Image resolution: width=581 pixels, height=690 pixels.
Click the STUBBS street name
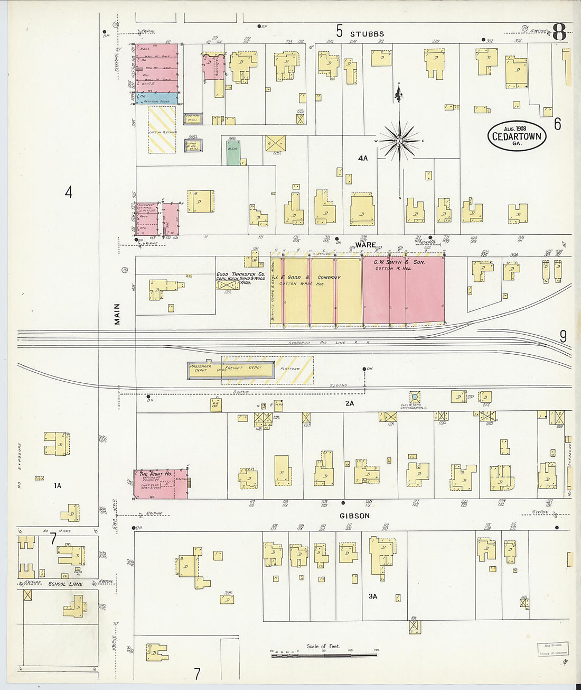pos(367,34)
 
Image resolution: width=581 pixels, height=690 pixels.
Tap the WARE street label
pos(365,245)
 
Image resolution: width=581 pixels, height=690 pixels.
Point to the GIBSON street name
pos(354,516)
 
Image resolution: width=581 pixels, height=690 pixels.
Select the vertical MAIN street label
pos(117,314)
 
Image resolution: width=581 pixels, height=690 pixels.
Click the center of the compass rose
pos(400,141)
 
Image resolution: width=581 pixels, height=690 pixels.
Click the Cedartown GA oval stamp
pos(516,136)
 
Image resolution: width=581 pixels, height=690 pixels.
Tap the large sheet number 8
pos(559,33)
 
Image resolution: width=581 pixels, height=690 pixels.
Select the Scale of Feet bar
pos(324,655)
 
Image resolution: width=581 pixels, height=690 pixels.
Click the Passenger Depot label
pos(200,368)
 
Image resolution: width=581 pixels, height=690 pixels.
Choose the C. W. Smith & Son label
pos(399,262)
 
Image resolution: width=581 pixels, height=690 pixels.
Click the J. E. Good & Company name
pos(307,278)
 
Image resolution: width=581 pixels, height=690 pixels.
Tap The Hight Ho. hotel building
pos(160,483)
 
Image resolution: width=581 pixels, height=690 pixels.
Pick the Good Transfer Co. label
pos(240,274)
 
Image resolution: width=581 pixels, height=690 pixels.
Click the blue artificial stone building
pos(157,98)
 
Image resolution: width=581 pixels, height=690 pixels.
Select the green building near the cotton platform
pos(233,152)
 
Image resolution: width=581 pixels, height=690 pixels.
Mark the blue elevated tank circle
pos(415,397)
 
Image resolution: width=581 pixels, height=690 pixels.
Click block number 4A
pos(362,158)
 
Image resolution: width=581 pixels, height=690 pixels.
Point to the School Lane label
pos(65,584)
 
